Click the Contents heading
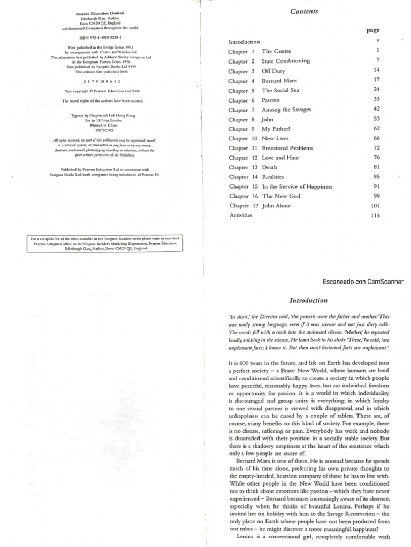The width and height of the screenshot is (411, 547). (x=304, y=11)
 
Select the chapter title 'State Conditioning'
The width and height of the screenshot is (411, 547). (x=285, y=61)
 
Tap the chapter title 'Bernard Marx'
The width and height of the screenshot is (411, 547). (x=279, y=81)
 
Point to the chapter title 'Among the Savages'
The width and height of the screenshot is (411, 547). (x=286, y=110)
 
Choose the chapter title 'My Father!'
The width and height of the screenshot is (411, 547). (x=276, y=129)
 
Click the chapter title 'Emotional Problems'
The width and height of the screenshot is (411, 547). (x=287, y=148)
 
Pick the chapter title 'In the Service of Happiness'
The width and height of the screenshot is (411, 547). (x=297, y=186)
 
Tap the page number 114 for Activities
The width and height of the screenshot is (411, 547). (x=374, y=216)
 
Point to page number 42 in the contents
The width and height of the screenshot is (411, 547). (x=376, y=110)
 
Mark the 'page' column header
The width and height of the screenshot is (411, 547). (x=373, y=31)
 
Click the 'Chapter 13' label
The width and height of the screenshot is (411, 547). (x=241, y=167)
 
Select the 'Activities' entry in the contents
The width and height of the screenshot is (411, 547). (x=240, y=215)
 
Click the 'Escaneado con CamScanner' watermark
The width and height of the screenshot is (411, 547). (x=362, y=282)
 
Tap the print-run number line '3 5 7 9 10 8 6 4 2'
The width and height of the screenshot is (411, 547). (x=100, y=81)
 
